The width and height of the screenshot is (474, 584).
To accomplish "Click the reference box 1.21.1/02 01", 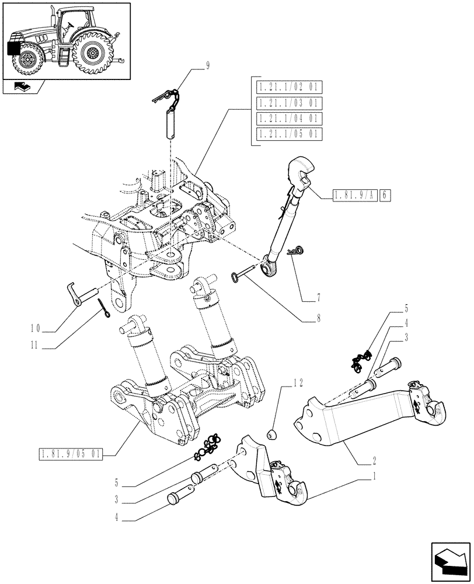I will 289,88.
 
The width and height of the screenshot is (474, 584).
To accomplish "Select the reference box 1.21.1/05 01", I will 289,134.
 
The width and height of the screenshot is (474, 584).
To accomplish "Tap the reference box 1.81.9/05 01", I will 70,454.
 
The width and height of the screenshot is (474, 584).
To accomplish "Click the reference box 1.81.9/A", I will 354,195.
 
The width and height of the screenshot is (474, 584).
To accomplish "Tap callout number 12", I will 298,383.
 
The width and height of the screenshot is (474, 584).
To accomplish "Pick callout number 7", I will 318,298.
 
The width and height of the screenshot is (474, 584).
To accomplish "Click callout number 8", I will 318,319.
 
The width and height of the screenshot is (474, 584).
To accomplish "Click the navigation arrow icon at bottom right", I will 449,562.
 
